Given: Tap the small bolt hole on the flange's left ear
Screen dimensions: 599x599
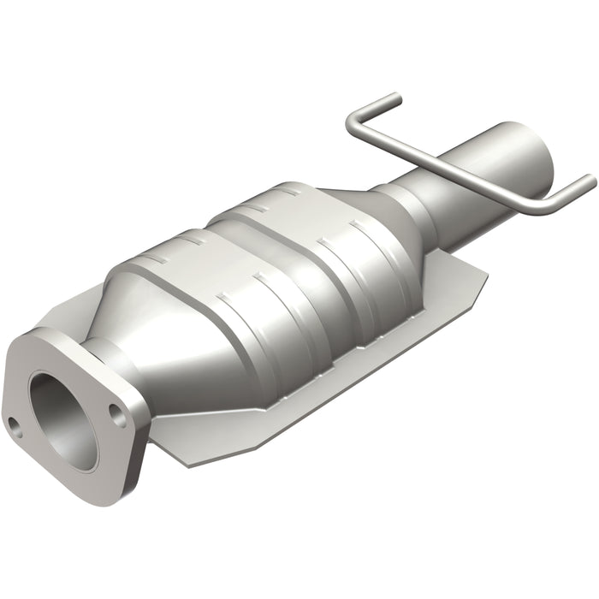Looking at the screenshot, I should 15,423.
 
